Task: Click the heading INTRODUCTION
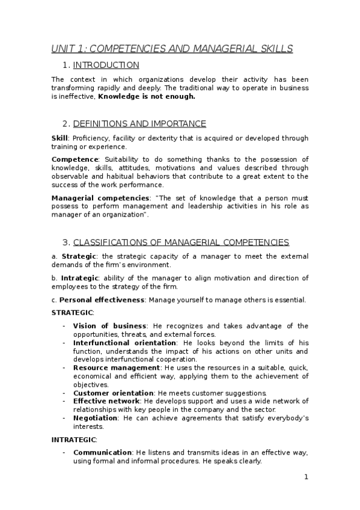tap(106, 65)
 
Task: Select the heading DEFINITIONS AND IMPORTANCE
tap(139, 124)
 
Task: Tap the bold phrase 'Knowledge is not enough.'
tap(147, 96)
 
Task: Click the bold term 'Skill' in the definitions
tap(59, 138)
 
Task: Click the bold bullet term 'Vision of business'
tap(109, 326)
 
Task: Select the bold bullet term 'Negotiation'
tap(94, 418)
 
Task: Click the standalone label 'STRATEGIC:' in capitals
tap(72, 313)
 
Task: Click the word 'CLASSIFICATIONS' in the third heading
tap(110, 242)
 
